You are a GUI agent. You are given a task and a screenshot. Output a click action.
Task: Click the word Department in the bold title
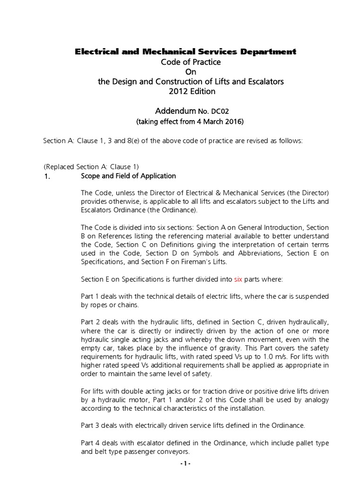point(262,52)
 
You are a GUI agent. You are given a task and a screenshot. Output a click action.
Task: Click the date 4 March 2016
point(217,121)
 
